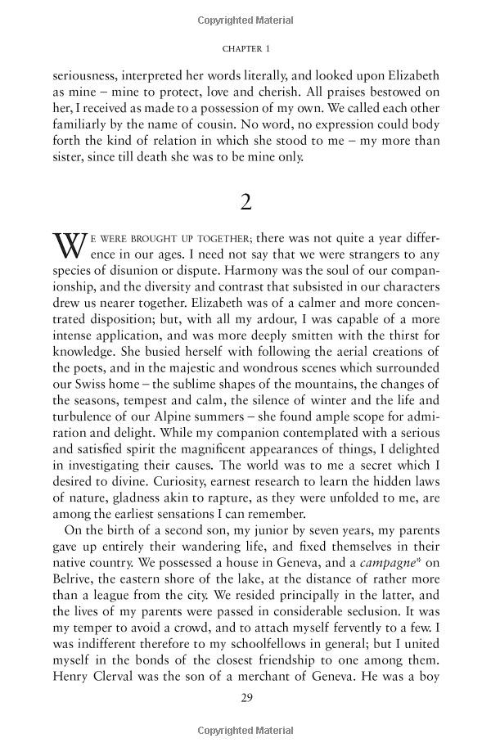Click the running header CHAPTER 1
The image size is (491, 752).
245,48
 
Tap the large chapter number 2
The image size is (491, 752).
245,201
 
